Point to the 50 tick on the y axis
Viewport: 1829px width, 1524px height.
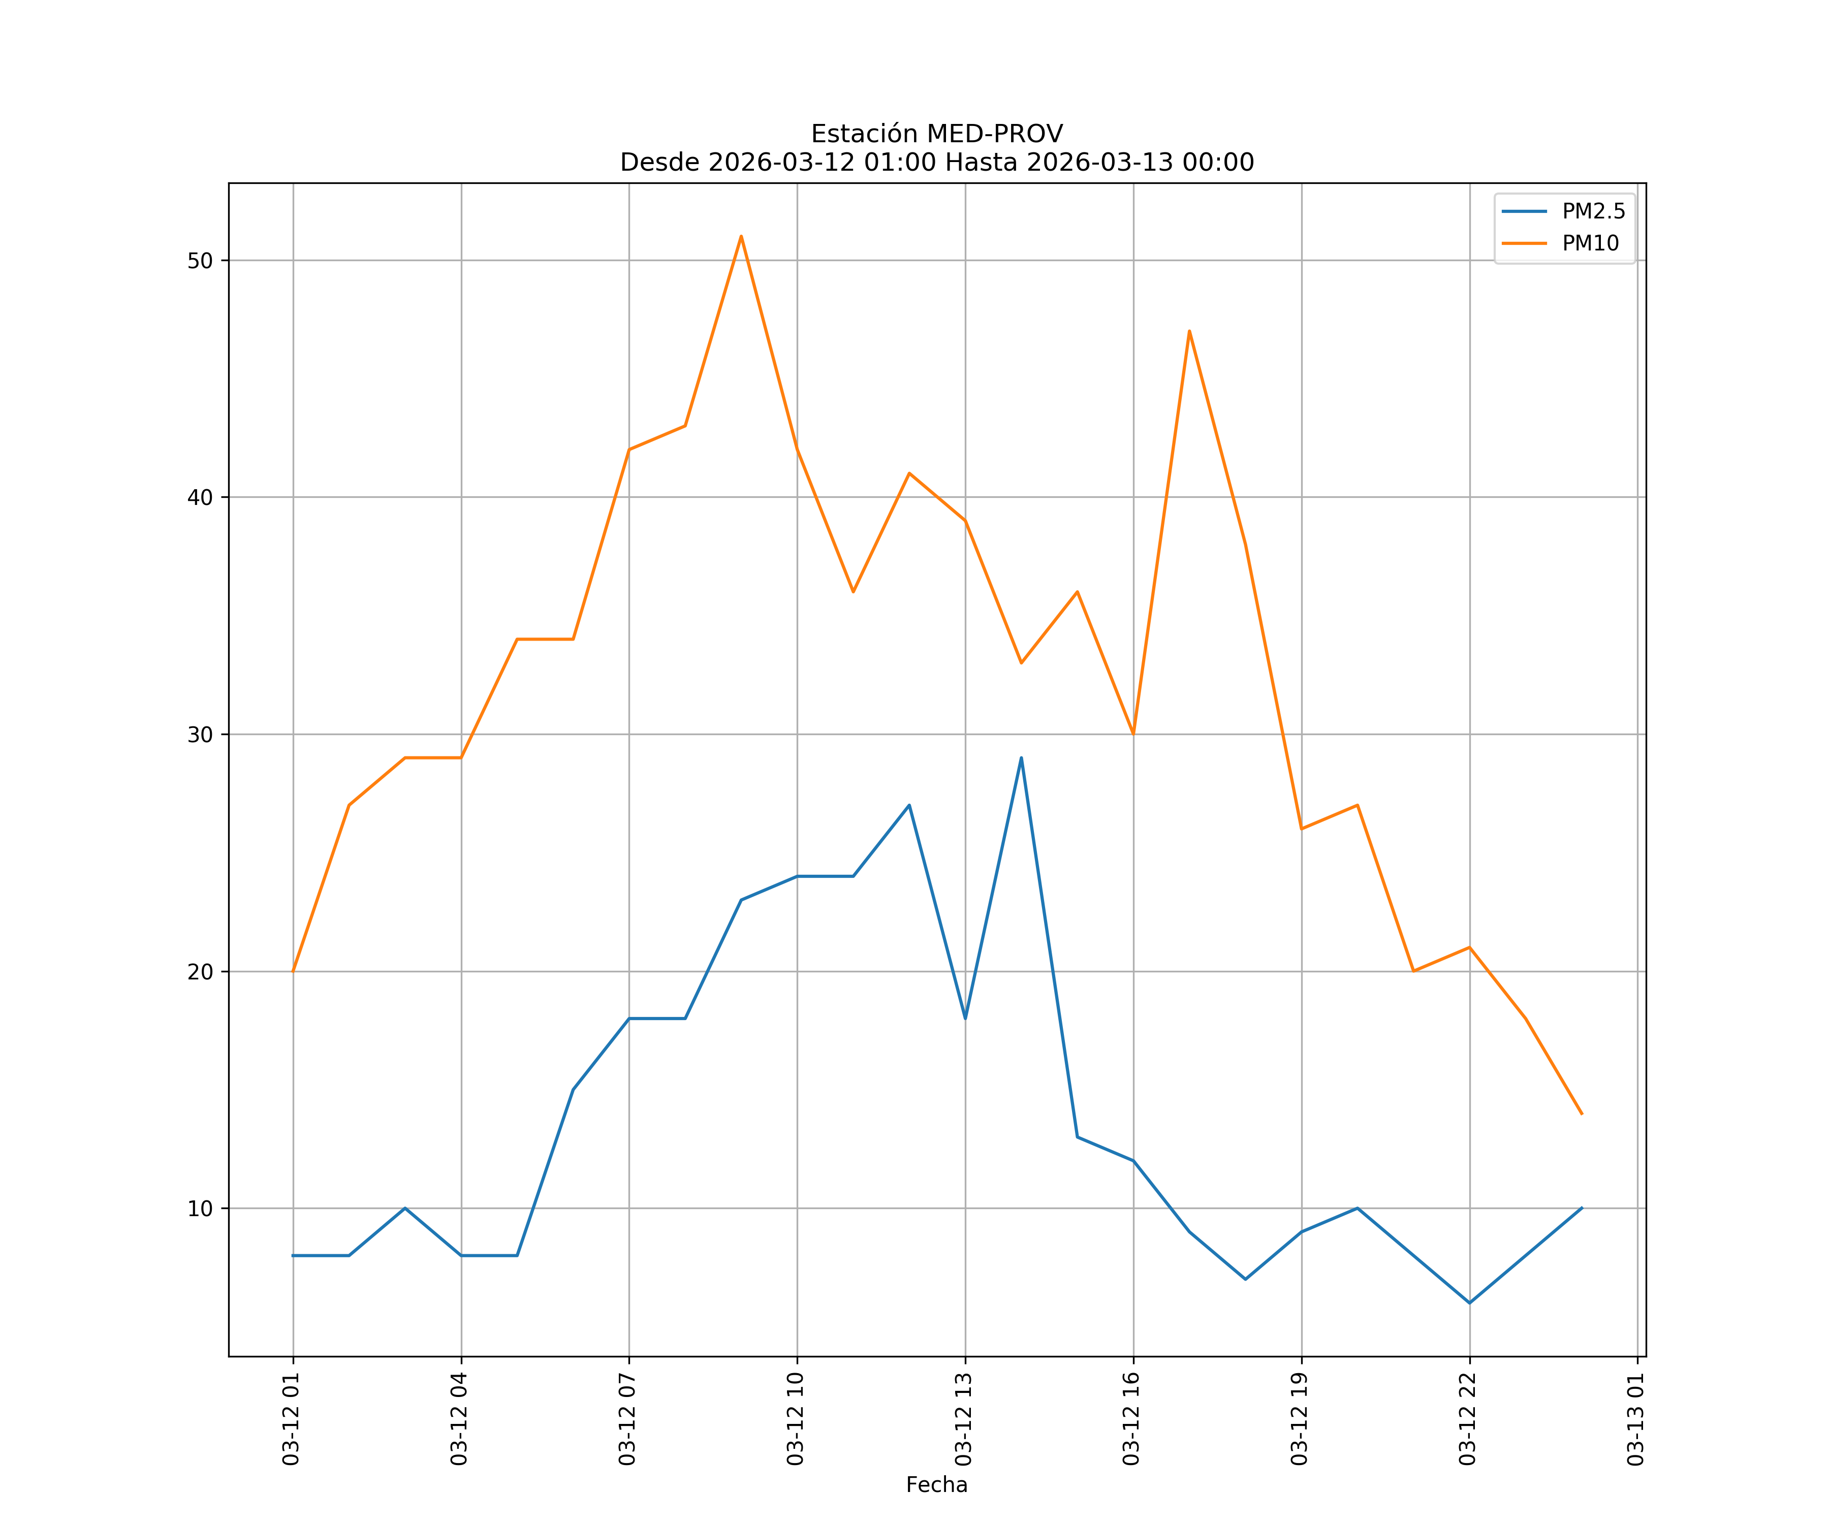(x=200, y=261)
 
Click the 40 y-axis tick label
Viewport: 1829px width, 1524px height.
(x=200, y=497)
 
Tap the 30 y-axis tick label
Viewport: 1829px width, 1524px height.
(x=200, y=734)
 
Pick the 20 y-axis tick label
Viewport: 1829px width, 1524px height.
(x=200, y=971)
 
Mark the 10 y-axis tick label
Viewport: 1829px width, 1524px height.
(x=200, y=1209)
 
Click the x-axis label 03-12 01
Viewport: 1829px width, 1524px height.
(x=292, y=1419)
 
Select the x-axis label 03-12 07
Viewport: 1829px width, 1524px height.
(x=628, y=1419)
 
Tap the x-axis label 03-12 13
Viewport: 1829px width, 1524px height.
(x=964, y=1419)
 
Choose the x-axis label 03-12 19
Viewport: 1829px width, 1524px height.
(x=1300, y=1419)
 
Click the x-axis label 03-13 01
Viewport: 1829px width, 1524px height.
(x=1636, y=1419)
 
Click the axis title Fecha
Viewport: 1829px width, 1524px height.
(x=936, y=1485)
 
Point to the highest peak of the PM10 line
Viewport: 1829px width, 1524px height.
(x=741, y=236)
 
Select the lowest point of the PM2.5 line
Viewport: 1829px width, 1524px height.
(x=1469, y=1303)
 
